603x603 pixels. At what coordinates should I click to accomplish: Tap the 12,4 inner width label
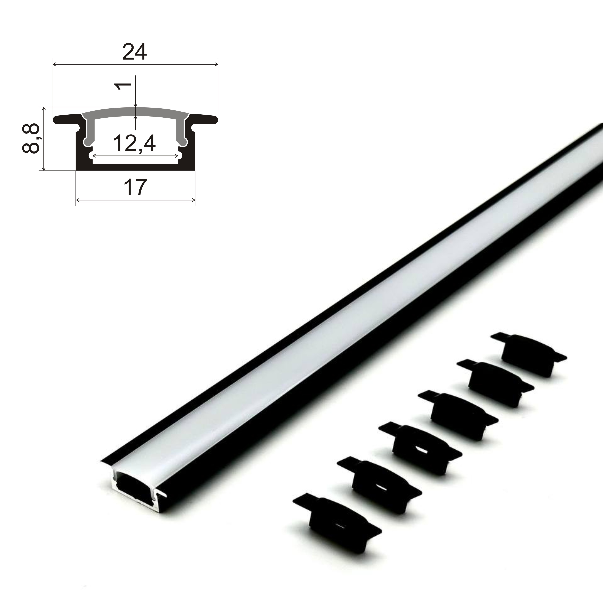[134, 143]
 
